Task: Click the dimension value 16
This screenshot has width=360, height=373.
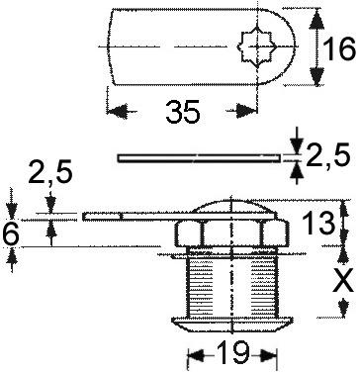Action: (x=338, y=47)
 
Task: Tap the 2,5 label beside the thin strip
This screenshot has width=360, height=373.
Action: (x=328, y=156)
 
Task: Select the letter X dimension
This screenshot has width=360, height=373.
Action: (x=342, y=281)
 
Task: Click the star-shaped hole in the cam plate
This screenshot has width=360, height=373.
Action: (x=253, y=47)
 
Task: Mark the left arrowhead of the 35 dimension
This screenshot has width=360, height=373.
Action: (x=112, y=111)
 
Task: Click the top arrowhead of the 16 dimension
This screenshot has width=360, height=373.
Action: (x=315, y=14)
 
